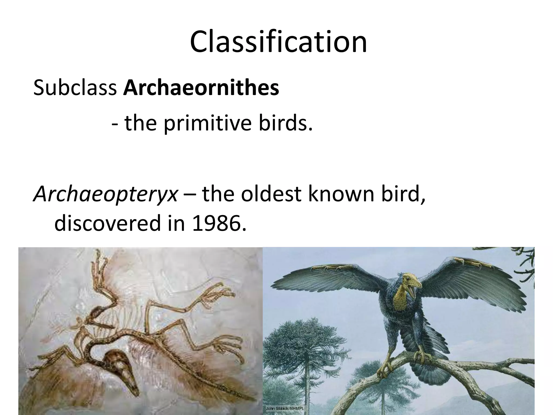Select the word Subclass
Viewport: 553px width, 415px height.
pos(75,88)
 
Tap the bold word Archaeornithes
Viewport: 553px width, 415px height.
pos(201,88)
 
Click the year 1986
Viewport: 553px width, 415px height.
pos(219,223)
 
